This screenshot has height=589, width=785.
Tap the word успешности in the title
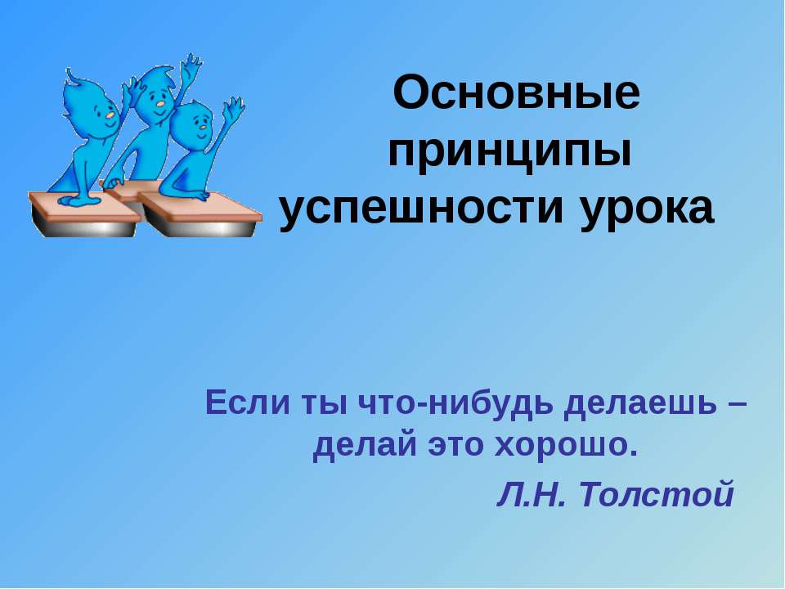coord(424,209)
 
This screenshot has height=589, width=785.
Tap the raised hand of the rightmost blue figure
coord(234,107)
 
